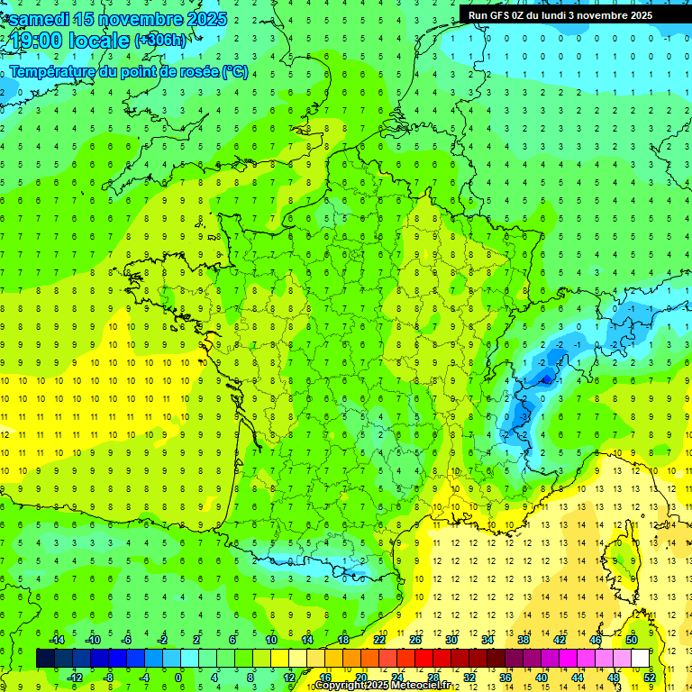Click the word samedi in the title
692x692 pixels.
tap(40, 19)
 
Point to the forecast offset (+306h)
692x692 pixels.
tap(161, 41)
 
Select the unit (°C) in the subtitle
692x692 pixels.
tap(235, 72)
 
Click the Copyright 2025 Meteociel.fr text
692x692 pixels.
tap(383, 686)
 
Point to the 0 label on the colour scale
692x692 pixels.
tap(178, 677)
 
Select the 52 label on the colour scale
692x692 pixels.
tap(650, 677)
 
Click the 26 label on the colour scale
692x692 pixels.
tap(415, 640)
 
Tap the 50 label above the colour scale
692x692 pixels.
tap(631, 640)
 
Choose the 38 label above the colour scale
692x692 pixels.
tap(523, 640)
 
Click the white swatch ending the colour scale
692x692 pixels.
tap(640, 658)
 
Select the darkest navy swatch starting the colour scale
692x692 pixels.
tap(45, 658)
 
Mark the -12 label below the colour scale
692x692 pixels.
tap(75, 677)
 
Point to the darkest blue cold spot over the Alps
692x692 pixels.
tap(544, 379)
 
